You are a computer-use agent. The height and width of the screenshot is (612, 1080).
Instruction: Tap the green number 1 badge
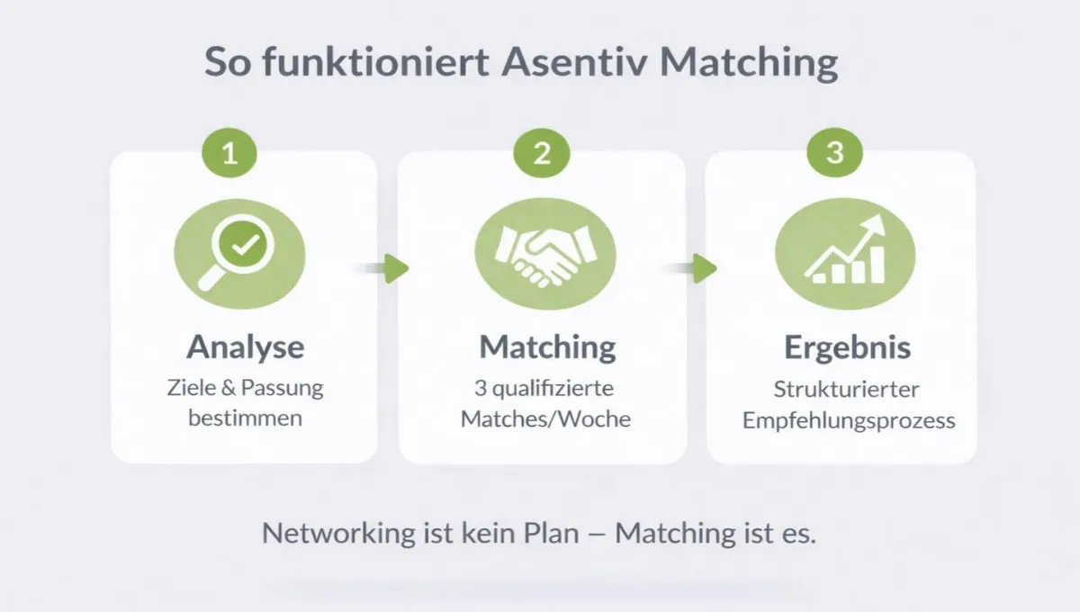click(x=230, y=153)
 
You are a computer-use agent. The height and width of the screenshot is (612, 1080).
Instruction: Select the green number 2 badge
click(x=541, y=153)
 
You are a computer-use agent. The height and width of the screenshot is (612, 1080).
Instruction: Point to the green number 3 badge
click(x=834, y=153)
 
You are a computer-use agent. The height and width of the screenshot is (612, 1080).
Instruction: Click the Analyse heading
click(x=245, y=346)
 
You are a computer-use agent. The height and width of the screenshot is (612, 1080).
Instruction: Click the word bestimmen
click(x=245, y=418)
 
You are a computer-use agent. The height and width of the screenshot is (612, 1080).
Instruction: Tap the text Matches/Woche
click(x=545, y=418)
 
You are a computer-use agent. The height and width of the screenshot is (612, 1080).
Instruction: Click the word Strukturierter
click(x=846, y=390)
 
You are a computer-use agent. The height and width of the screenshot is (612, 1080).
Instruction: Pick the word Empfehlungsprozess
click(x=848, y=420)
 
